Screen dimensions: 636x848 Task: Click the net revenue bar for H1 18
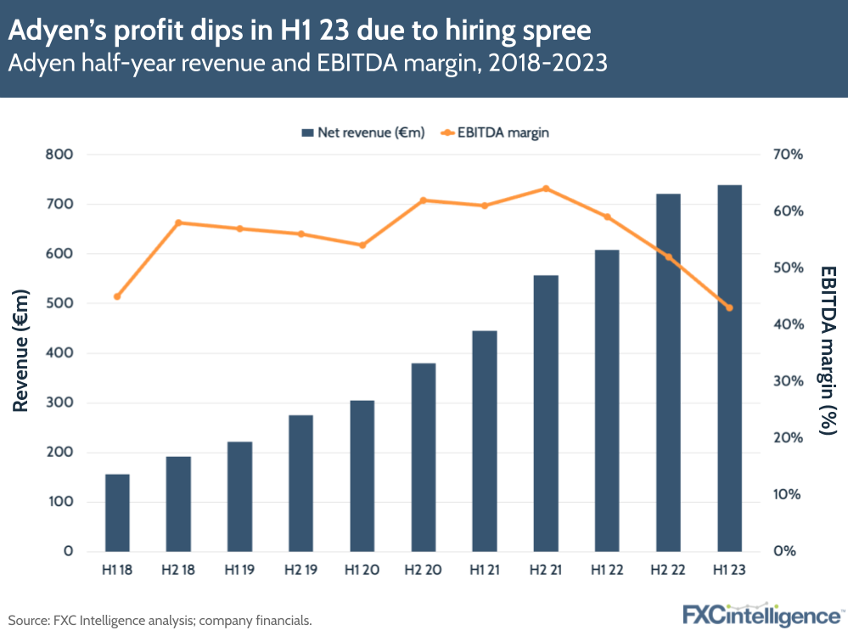pyautogui.click(x=117, y=512)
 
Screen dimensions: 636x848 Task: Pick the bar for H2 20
pyautogui.click(x=424, y=457)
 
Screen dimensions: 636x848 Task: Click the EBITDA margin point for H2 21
pyautogui.click(x=546, y=189)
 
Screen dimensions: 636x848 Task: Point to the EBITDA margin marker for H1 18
pyautogui.click(x=117, y=296)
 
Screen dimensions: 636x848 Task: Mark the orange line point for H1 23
pyautogui.click(x=729, y=307)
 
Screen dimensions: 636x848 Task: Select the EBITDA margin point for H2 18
pyautogui.click(x=178, y=222)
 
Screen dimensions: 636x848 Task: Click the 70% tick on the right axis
pyautogui.click(x=789, y=155)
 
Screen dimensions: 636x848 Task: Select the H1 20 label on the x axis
pyautogui.click(x=362, y=571)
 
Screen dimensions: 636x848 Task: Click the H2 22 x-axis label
pyautogui.click(x=668, y=571)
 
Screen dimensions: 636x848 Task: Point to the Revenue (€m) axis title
pyautogui.click(x=21, y=352)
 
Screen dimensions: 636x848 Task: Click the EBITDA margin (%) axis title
pyautogui.click(x=828, y=350)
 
